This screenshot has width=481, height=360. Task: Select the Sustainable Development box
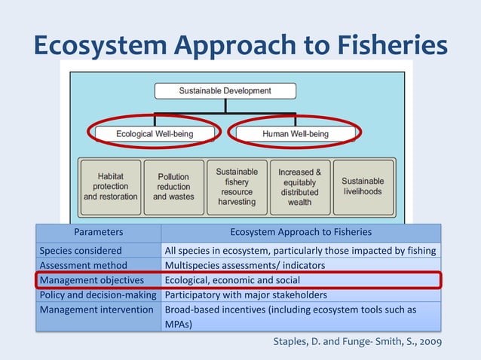[225, 91]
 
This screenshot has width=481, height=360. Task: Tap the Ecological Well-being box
[155, 134]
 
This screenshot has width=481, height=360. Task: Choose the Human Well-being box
[296, 134]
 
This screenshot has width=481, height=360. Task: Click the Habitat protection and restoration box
[111, 186]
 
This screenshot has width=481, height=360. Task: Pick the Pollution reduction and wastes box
[173, 186]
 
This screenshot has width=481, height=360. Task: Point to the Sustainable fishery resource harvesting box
[237, 186]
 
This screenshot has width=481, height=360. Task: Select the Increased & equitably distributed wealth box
[299, 186]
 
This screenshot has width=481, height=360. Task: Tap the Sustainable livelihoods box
[363, 186]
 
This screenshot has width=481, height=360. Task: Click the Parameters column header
[98, 233]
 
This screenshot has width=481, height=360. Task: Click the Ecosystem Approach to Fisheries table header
[301, 233]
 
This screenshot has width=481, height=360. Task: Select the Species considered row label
[81, 250]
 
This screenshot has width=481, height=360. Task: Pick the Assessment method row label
[83, 265]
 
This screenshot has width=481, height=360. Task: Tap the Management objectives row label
[91, 280]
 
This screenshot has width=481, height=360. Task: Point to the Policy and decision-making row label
[98, 294]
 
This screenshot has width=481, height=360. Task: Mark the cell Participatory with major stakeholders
[246, 294]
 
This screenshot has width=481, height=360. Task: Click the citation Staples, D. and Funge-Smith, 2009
[356, 343]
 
